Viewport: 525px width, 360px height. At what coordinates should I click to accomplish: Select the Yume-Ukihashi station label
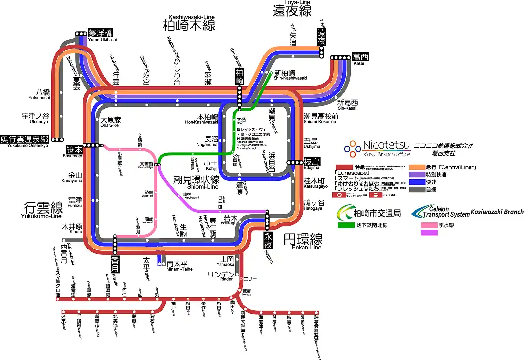[x=100, y=33]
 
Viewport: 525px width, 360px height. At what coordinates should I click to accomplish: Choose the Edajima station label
[x=312, y=162]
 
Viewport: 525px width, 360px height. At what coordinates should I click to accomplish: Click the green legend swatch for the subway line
[x=352, y=225]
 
